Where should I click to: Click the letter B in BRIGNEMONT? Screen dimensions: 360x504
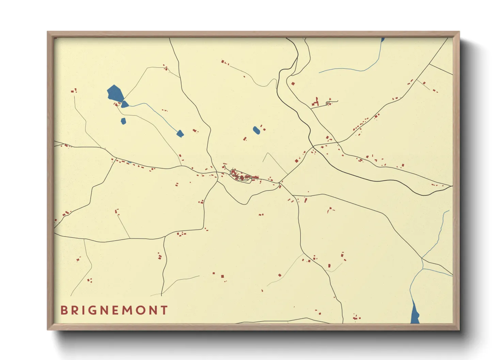(64, 310)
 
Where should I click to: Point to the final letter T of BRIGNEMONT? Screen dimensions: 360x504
(164, 310)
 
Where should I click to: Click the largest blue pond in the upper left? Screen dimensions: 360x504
(115, 93)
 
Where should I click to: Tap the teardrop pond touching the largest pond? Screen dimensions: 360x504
(125, 104)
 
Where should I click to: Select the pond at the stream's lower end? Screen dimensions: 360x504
(180, 133)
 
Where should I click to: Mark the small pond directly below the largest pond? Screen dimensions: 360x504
(123, 121)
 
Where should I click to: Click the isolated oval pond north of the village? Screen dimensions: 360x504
(256, 130)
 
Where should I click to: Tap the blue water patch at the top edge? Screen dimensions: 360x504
(383, 39)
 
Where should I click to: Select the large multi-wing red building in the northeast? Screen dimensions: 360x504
(316, 102)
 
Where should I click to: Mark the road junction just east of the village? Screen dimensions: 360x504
(280, 183)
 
